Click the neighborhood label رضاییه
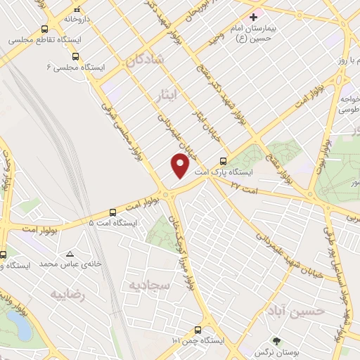coord(67,295)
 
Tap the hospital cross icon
coord(254,16)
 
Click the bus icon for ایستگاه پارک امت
coord(224,159)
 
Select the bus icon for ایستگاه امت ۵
coord(113,212)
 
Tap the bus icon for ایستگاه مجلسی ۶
coord(75,57)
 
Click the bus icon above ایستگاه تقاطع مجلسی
coord(45,30)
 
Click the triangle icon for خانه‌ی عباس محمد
coord(70,253)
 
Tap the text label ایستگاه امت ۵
coord(113,223)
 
